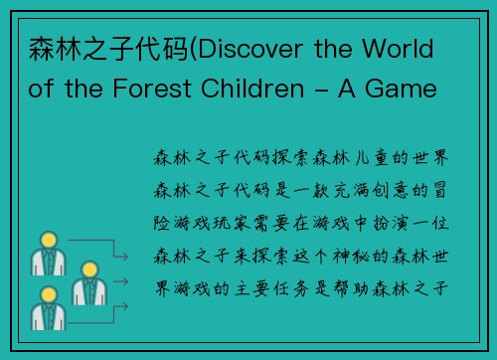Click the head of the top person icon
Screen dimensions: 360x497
point(46,240)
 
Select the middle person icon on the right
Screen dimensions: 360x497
point(87,283)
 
